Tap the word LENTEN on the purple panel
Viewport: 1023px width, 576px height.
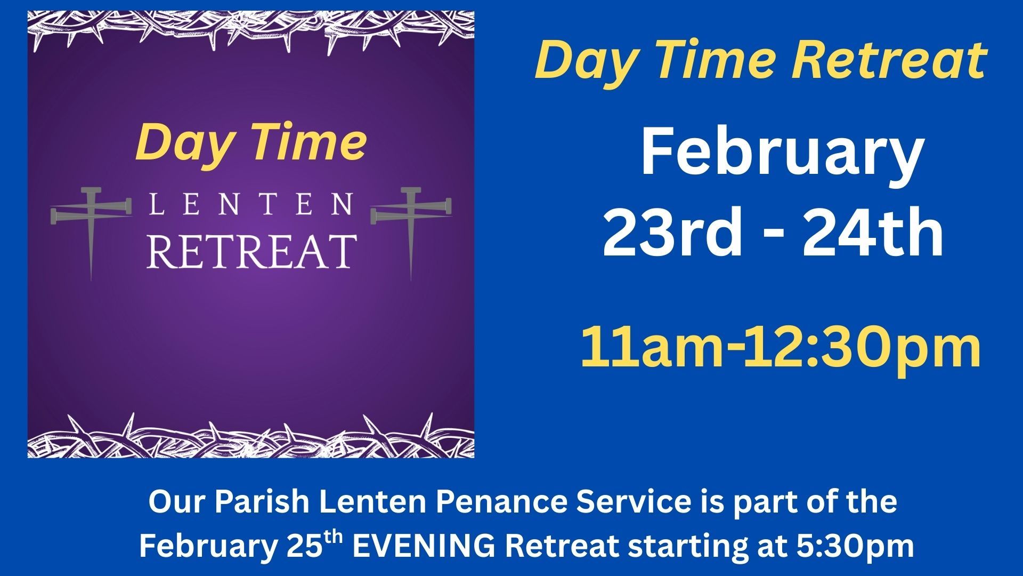click(251, 204)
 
